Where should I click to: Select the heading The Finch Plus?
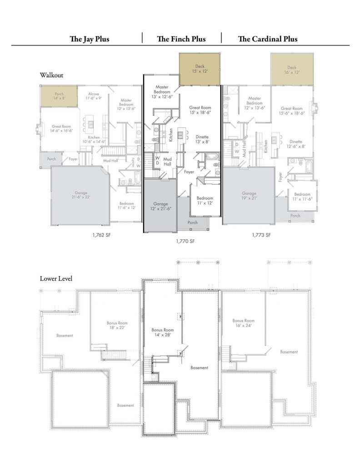(181, 39)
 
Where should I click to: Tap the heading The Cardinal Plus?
(268, 39)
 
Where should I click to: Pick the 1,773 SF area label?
(261, 235)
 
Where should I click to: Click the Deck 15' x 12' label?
(200, 69)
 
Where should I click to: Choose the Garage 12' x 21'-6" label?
(160, 206)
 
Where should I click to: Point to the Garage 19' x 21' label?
(249, 195)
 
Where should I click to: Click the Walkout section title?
(51, 74)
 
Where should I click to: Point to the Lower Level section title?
(56, 278)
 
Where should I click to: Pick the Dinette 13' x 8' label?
(202, 139)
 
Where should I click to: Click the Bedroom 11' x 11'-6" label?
(302, 196)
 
